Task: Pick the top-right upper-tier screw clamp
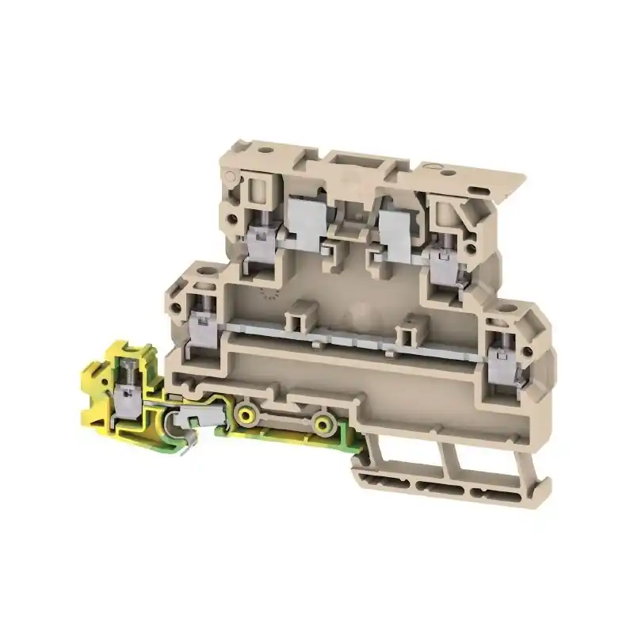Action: pos(441,258)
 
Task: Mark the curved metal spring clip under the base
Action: pos(188,432)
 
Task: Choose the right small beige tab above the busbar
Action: pos(412,325)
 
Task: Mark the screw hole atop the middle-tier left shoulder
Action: pos(208,277)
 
